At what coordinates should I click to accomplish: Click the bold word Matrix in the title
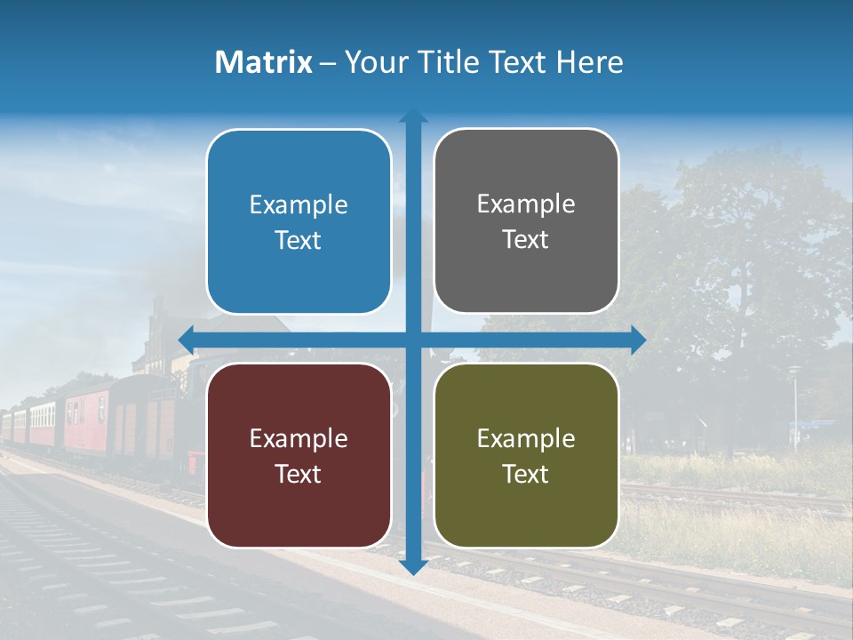[264, 62]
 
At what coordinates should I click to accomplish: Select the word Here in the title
[589, 62]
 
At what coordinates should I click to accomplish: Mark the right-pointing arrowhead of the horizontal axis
[637, 340]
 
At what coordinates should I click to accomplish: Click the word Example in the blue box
[299, 205]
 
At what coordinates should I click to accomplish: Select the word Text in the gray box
[526, 240]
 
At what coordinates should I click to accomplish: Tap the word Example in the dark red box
[299, 438]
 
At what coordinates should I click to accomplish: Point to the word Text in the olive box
[526, 474]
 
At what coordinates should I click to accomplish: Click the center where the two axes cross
[413, 340]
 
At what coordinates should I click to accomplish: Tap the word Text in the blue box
[299, 241]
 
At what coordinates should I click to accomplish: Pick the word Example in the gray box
[526, 204]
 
